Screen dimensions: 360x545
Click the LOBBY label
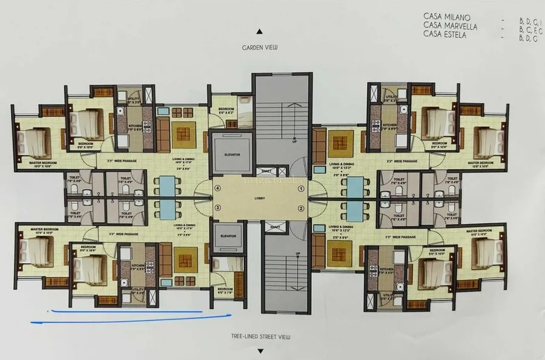(260, 198)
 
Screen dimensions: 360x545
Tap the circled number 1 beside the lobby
(300, 188)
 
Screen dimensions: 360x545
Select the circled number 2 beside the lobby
(300, 208)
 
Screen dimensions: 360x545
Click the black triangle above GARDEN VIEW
(259, 30)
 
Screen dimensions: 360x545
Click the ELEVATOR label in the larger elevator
(232, 155)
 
